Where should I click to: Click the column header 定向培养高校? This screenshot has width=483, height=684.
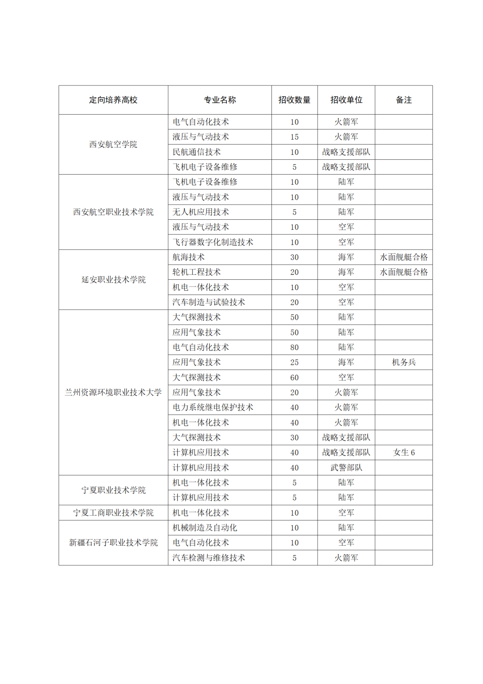point(113,100)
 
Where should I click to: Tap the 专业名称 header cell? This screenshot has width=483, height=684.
point(220,100)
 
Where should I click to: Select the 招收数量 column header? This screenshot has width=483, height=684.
point(294,100)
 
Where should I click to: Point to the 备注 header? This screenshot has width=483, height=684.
point(403,100)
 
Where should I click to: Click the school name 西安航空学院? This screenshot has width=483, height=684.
point(113,144)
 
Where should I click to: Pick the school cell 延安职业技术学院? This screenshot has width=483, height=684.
point(113,279)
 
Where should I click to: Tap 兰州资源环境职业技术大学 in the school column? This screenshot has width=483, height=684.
point(113,392)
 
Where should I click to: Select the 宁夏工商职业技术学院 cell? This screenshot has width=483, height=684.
point(113,513)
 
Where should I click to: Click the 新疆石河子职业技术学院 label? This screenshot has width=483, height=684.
point(113,543)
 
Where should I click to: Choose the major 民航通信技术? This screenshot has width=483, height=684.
point(197,152)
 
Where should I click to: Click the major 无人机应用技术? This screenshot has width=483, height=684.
point(201,212)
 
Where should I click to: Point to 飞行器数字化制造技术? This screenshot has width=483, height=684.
point(213,242)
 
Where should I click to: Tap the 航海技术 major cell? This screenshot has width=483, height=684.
point(189,257)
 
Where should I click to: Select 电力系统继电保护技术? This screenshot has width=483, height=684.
point(213,407)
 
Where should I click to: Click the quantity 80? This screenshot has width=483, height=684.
point(294,347)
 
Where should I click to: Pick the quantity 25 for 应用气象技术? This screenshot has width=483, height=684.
point(294,362)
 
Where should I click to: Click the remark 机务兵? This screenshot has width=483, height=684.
point(403,362)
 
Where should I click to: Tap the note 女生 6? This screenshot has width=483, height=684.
point(403,453)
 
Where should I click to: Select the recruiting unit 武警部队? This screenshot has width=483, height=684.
point(346,467)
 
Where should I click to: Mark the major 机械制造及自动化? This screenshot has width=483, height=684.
point(205,528)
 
